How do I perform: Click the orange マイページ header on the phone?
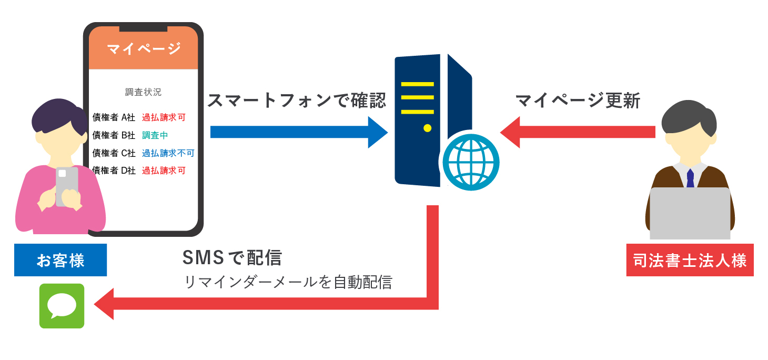coord(143,49)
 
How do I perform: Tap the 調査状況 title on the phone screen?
coord(143,92)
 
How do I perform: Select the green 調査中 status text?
coord(155,135)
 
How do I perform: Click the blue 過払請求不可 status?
coord(168,153)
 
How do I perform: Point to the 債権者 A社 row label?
coord(114,117)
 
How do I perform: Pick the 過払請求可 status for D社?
coord(163,171)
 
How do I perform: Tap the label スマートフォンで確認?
coord(296,101)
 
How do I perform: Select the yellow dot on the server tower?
coord(427,128)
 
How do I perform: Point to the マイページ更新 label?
coord(578,100)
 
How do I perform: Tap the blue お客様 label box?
coord(60,260)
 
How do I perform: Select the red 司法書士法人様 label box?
coord(690,260)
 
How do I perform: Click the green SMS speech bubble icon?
coord(62,306)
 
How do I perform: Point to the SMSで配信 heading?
coord(232,257)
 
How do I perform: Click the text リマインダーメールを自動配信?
coord(288,282)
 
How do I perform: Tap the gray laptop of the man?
coord(690,213)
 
